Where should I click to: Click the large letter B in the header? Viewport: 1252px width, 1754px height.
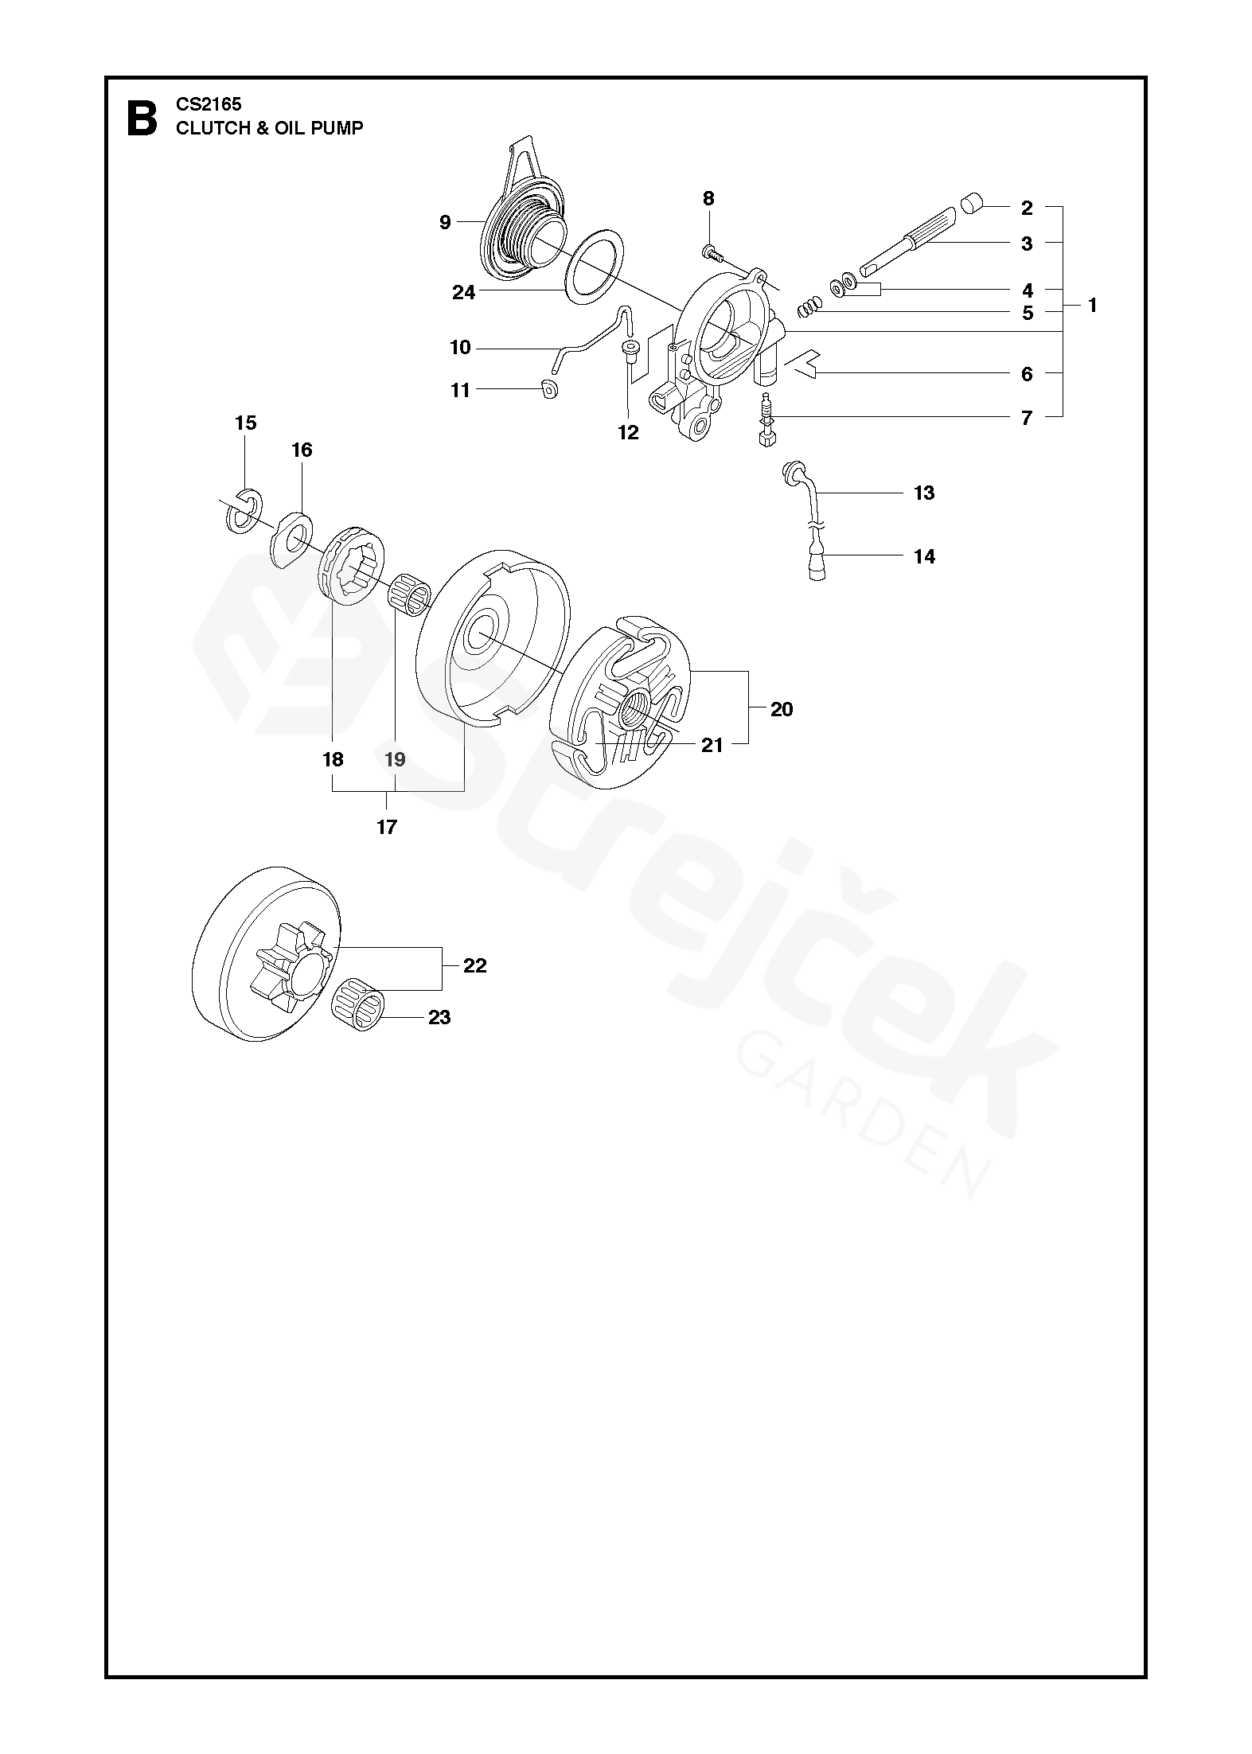coord(142,117)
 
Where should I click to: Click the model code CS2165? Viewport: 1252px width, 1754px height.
coord(209,104)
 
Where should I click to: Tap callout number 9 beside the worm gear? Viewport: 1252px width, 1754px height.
coord(445,222)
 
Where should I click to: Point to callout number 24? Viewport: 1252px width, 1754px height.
coord(463,293)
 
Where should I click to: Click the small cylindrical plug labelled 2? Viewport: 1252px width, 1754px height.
coord(973,204)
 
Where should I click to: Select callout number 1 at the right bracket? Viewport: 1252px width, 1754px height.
coord(1093,305)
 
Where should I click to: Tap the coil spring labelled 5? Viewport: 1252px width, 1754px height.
coord(809,306)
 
